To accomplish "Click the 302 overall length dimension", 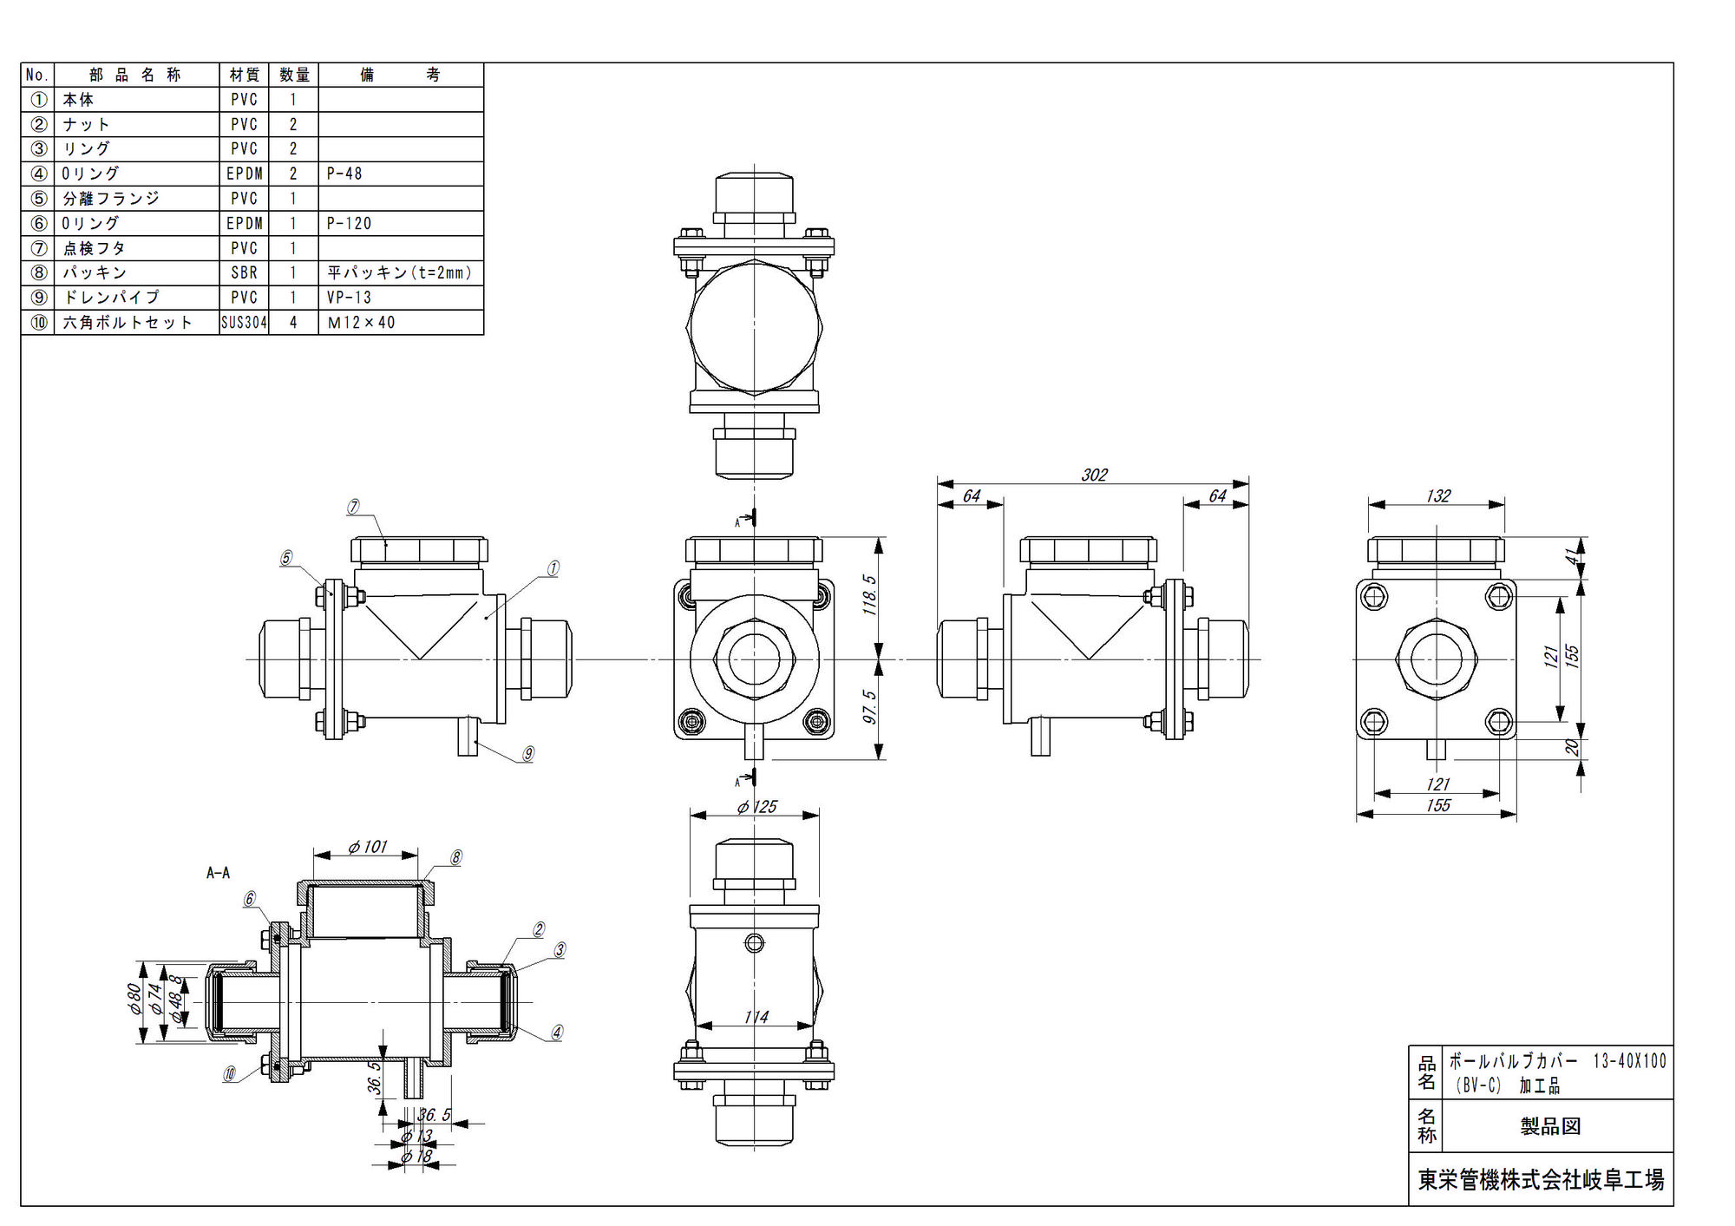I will pos(1094,475).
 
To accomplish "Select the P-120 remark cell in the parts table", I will pos(349,223).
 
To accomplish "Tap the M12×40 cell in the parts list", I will pos(361,323).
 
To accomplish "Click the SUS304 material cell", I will pos(244,323).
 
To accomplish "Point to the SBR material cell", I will pos(244,272).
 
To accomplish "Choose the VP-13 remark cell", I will pos(349,298).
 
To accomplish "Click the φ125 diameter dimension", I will pos(756,807).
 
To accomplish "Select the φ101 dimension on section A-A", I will pos(367,847).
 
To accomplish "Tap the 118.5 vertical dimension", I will pos(869,595).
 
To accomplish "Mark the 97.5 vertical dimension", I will pos(869,707).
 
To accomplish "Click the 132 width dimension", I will pos(1437,495).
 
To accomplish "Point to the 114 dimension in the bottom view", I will pos(756,1017).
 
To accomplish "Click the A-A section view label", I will pos(218,873).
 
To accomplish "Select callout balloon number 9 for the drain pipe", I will pos(528,754).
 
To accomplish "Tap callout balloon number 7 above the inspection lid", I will pos(353,507).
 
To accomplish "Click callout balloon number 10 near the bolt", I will pos(230,1074).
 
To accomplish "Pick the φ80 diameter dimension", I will pos(134,1000).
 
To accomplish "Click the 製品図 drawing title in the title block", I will pos(1550,1126).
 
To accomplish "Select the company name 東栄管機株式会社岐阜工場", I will pos(1541,1180).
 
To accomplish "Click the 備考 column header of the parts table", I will pos(400,75).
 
